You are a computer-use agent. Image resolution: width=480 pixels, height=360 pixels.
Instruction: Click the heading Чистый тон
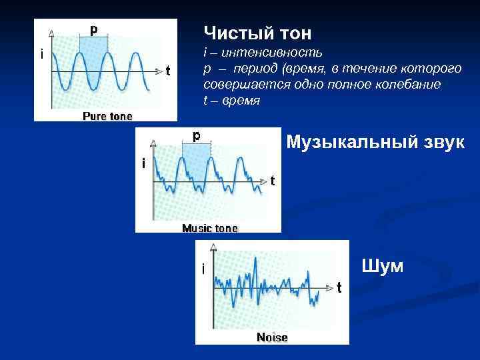pyautogui.click(x=257, y=33)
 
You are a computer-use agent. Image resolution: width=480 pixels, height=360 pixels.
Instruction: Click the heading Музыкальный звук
pyautogui.click(x=375, y=142)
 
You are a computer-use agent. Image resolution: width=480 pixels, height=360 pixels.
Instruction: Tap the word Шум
pyautogui.click(x=382, y=266)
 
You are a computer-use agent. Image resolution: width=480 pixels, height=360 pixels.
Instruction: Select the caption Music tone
pyautogui.click(x=209, y=228)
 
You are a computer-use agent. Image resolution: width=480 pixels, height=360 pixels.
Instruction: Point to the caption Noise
pyautogui.click(x=272, y=337)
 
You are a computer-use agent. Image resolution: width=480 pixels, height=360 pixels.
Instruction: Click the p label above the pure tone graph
pyautogui.click(x=94, y=29)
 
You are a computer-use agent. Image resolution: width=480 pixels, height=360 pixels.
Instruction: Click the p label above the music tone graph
pyautogui.click(x=196, y=135)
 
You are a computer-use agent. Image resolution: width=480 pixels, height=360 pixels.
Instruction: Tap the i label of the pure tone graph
pyautogui.click(x=42, y=55)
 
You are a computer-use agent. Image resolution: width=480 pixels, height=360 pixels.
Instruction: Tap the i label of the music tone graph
pyautogui.click(x=143, y=163)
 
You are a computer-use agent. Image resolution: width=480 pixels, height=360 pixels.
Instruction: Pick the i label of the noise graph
pyautogui.click(x=203, y=269)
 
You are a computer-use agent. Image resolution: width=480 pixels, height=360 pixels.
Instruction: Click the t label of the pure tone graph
pyautogui.click(x=167, y=71)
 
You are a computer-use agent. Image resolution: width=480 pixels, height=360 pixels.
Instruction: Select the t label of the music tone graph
pyautogui.click(x=272, y=181)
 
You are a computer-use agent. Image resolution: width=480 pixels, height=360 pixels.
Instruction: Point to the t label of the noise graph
pyautogui.click(x=339, y=287)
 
